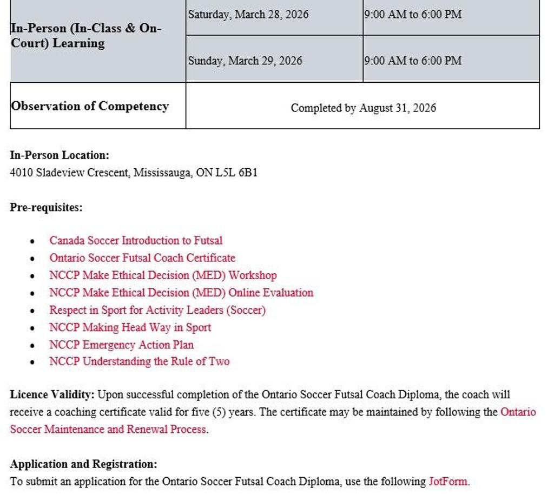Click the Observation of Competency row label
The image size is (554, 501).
click(90, 106)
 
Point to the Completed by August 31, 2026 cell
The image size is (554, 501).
click(363, 108)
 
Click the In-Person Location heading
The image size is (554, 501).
click(60, 155)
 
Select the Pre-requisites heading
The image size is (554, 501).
click(47, 207)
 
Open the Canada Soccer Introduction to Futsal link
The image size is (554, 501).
click(136, 240)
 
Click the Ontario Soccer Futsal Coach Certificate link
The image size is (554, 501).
click(142, 258)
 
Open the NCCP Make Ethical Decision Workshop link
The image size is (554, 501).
click(163, 275)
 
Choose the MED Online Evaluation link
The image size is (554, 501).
click(181, 293)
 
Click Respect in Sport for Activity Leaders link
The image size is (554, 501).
click(157, 310)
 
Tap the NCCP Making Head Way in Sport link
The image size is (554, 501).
click(130, 327)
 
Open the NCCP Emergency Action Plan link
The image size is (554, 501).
click(121, 345)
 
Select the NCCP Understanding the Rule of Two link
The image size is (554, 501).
click(139, 361)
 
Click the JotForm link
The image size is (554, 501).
click(448, 482)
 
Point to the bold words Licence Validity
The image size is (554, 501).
click(52, 394)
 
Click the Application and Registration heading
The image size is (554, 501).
click(84, 464)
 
